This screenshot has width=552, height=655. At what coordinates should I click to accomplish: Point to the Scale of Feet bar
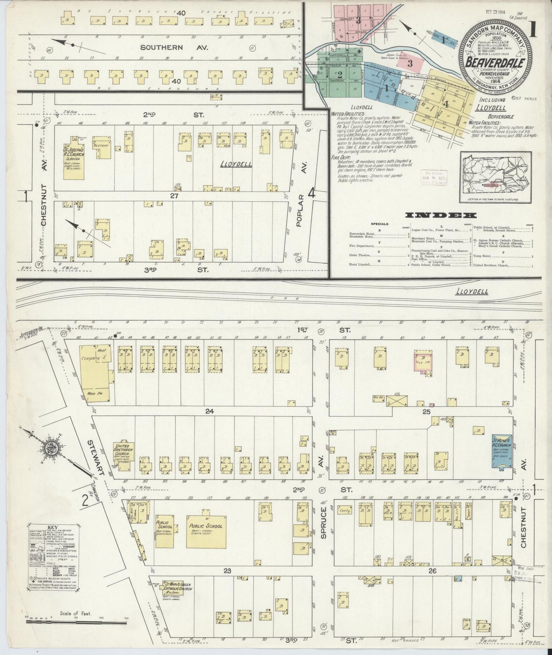[x=76, y=622]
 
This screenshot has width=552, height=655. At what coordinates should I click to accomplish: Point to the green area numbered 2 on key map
[x=339, y=74]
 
